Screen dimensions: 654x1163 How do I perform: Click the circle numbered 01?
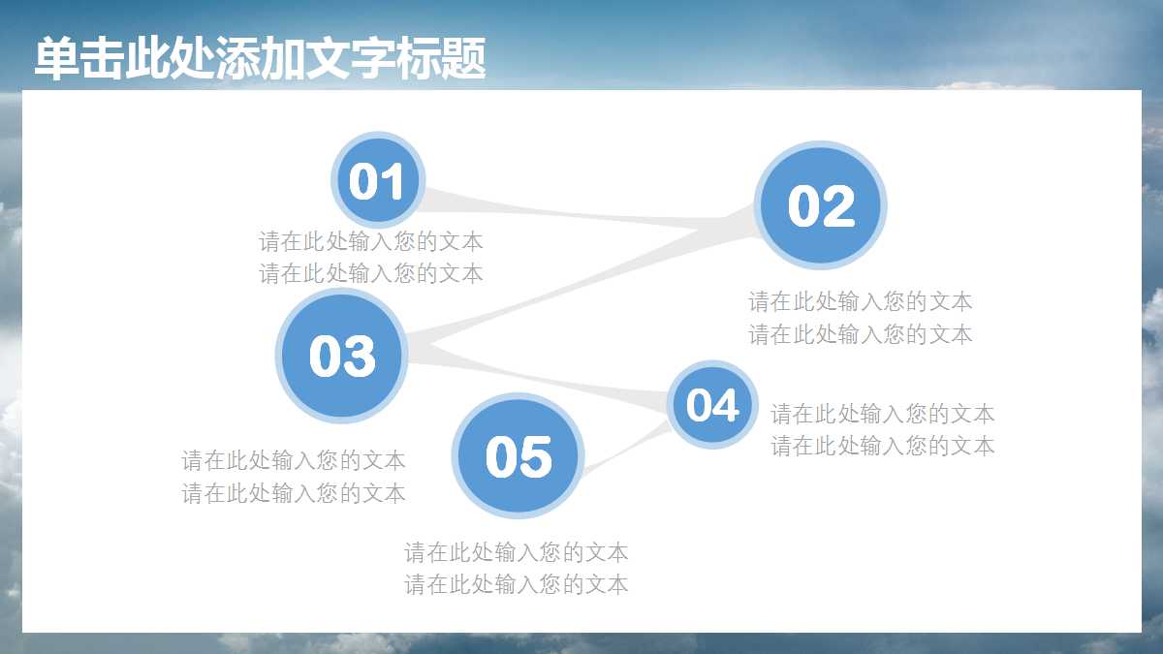click(x=377, y=181)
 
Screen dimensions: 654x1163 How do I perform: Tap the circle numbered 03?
click(x=341, y=357)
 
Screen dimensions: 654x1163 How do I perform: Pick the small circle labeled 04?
click(x=712, y=405)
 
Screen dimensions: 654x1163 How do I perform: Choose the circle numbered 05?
click(x=519, y=456)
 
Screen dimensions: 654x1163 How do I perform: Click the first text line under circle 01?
click(x=370, y=241)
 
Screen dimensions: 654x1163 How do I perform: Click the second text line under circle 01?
click(x=370, y=273)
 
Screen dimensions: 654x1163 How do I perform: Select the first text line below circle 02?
click(x=860, y=301)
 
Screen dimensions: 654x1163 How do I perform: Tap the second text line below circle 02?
click(x=860, y=334)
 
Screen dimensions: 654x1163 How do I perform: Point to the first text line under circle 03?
click(x=294, y=460)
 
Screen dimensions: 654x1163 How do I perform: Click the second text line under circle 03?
click(x=294, y=493)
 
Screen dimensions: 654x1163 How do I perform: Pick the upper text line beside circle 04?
click(x=882, y=414)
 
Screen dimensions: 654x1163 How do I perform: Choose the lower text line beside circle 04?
click(x=882, y=446)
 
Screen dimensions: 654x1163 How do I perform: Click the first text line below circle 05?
click(x=516, y=552)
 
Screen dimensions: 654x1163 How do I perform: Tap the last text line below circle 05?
click(x=516, y=584)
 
